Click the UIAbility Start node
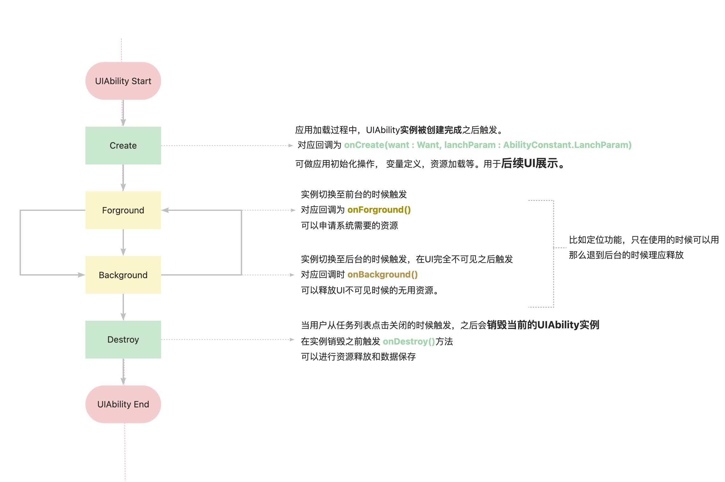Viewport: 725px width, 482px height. pyautogui.click(x=123, y=81)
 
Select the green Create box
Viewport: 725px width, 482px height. pyautogui.click(x=123, y=145)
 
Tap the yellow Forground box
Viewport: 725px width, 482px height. pyautogui.click(x=123, y=210)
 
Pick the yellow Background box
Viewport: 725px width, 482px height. pyautogui.click(x=123, y=275)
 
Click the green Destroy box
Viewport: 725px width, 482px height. pyautogui.click(x=123, y=339)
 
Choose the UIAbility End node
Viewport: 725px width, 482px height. pyautogui.click(x=123, y=404)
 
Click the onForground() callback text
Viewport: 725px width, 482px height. pyautogui.click(x=379, y=210)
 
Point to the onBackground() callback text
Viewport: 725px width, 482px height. pyautogui.click(x=383, y=275)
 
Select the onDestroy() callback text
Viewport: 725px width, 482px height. pyautogui.click(x=409, y=342)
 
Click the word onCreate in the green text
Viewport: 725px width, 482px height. pyautogui.click(x=364, y=145)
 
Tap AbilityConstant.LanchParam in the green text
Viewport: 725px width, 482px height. pyautogui.click(x=567, y=145)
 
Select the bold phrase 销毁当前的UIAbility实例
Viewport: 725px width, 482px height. pyautogui.click(x=543, y=325)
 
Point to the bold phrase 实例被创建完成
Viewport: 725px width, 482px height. pyautogui.click(x=431, y=130)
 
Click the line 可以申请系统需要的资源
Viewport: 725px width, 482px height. pyautogui.click(x=349, y=226)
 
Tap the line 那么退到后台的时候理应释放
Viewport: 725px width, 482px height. pyautogui.click(x=626, y=255)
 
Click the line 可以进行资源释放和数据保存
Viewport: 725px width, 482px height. pyautogui.click(x=358, y=357)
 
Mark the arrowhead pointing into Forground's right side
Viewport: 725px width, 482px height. pyautogui.click(x=165, y=210)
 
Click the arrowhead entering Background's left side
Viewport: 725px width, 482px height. pyautogui.click(x=81, y=275)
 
